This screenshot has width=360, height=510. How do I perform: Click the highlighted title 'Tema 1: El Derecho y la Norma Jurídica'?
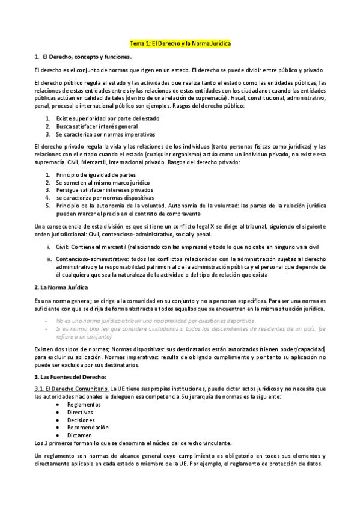coord(180,44)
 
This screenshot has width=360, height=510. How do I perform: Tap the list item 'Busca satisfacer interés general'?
coord(96,126)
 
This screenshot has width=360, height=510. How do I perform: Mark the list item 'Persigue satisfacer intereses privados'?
coord(104,190)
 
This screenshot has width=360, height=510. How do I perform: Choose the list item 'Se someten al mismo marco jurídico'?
coord(103,182)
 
